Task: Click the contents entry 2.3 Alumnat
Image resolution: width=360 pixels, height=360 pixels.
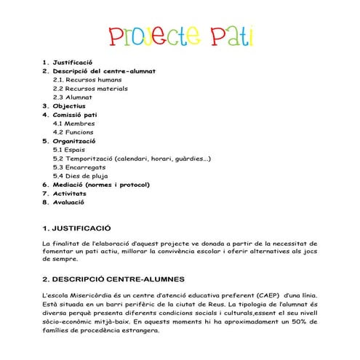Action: click(x=73, y=97)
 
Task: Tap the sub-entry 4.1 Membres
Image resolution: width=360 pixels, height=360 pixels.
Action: click(x=74, y=124)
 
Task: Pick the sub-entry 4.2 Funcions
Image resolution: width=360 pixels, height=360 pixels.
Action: click(x=75, y=132)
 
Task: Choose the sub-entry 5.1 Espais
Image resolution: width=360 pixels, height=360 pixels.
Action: click(x=70, y=150)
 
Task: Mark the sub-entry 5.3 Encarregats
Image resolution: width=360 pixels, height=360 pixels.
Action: click(x=81, y=167)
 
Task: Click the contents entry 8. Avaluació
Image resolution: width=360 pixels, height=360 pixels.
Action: click(x=68, y=202)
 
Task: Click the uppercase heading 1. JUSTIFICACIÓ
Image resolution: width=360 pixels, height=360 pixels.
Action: click(x=77, y=227)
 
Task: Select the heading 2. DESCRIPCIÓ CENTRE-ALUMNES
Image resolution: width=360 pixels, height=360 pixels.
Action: click(x=113, y=279)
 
